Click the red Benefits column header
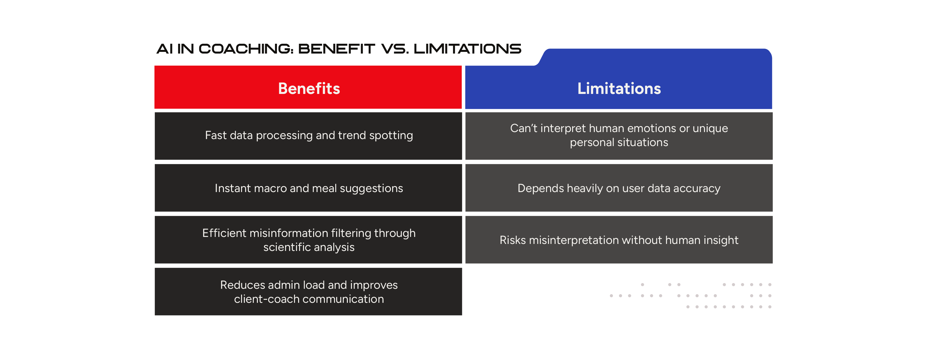[308, 87]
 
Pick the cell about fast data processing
[308, 136]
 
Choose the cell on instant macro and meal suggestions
[308, 188]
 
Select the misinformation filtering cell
[308, 240]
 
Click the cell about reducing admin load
[308, 292]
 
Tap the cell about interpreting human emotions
[619, 136]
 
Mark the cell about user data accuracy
[619, 188]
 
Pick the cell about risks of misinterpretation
[619, 240]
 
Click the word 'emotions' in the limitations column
[646, 128]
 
